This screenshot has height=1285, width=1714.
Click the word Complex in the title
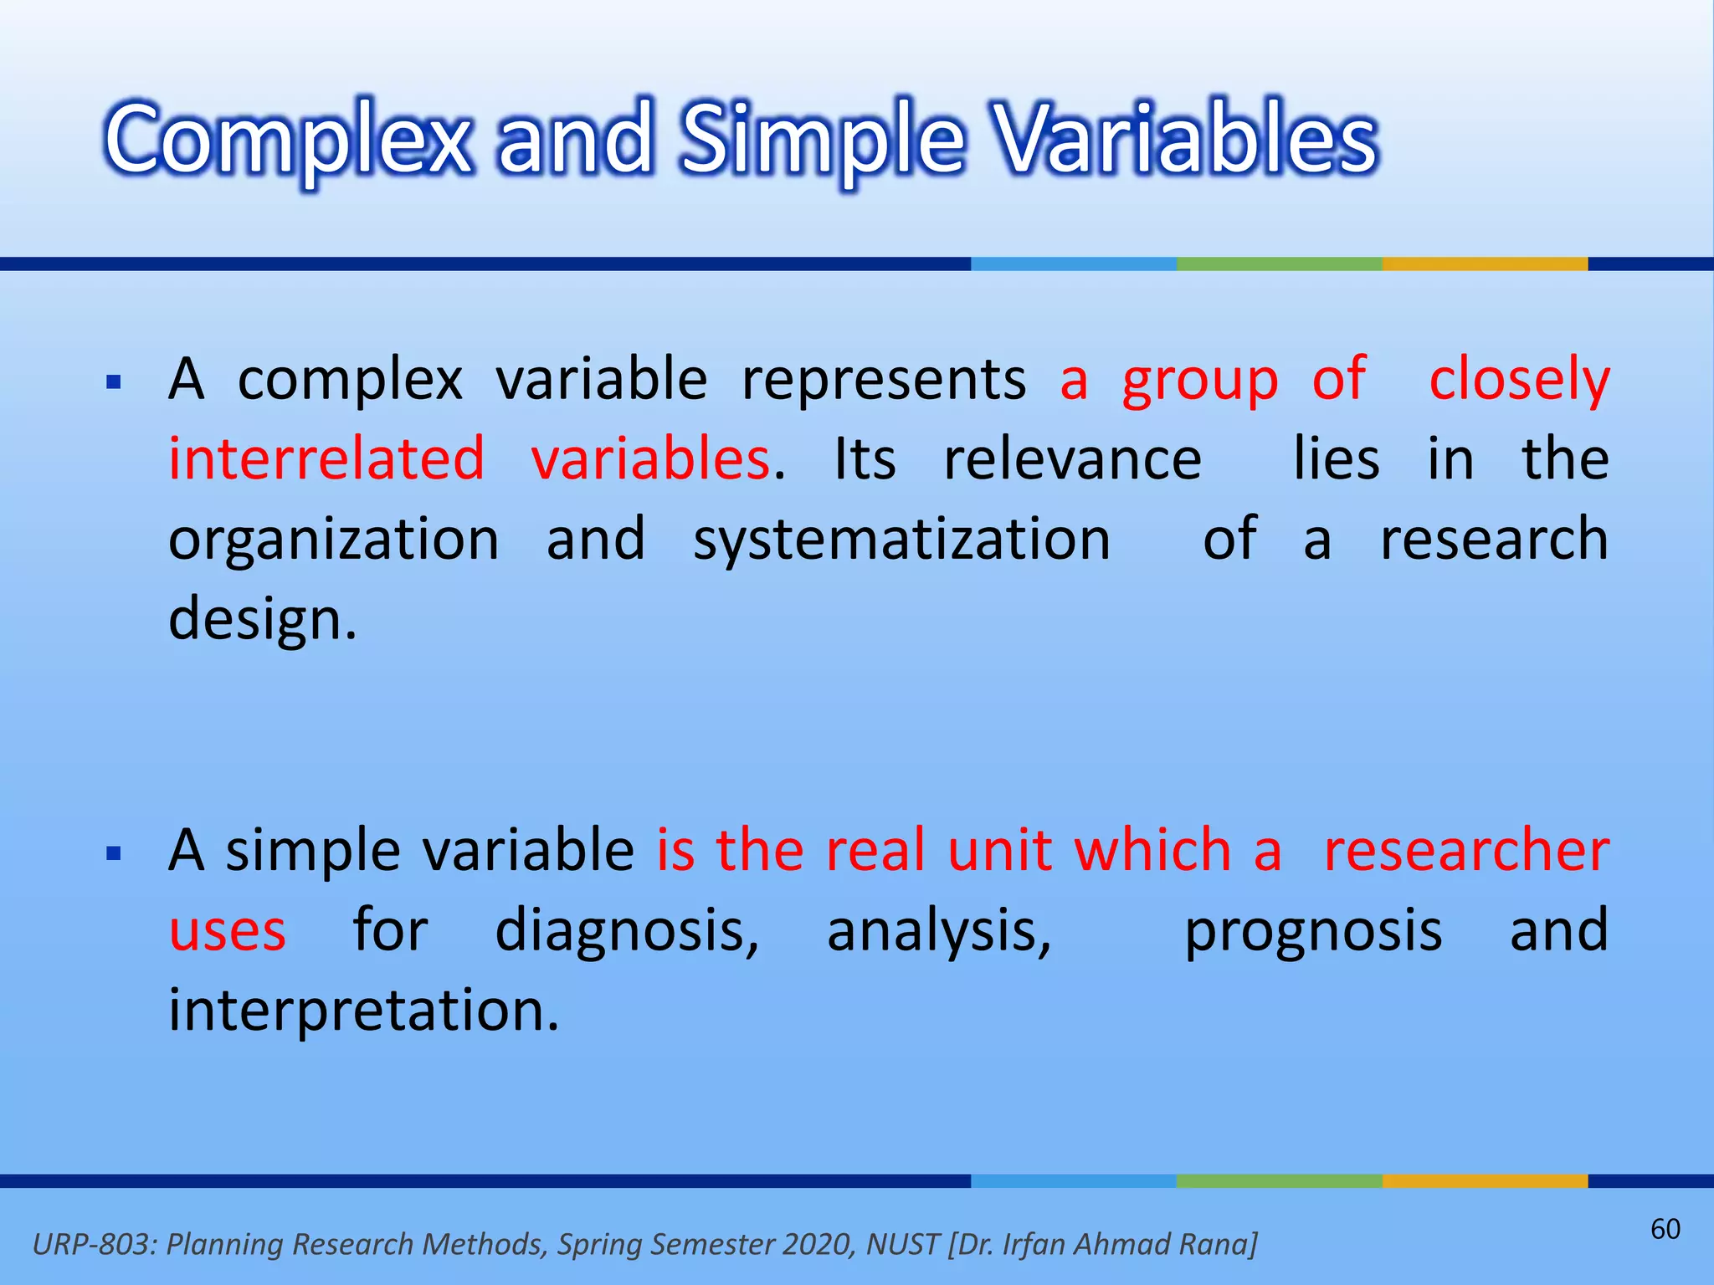tap(289, 141)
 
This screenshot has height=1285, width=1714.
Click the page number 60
tap(1665, 1229)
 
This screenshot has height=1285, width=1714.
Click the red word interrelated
tap(326, 459)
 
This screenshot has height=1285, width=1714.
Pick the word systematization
tap(901, 540)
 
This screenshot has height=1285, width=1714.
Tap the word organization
tap(333, 540)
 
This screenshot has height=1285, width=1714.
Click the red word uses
tap(227, 930)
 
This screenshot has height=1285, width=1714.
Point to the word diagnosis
tap(626, 930)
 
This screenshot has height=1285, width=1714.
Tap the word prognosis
tap(1313, 930)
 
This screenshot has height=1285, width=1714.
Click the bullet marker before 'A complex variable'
tap(115, 384)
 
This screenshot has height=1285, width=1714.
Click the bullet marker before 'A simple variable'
tap(115, 854)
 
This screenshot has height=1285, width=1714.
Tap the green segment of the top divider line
tap(1279, 264)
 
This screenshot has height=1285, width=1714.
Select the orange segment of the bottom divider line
tap(1485, 1180)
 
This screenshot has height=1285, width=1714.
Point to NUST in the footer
tap(903, 1244)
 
